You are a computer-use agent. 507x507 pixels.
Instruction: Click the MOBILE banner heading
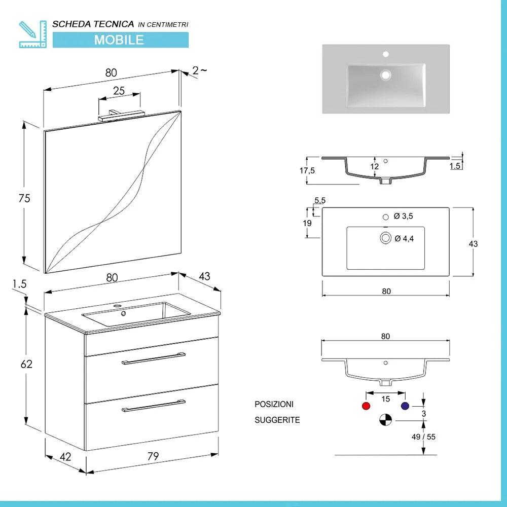[119, 40]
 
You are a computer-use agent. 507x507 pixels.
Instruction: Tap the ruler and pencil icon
[32, 34]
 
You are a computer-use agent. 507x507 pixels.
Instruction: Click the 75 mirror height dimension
[24, 199]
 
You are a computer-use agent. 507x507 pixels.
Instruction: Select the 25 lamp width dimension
[119, 91]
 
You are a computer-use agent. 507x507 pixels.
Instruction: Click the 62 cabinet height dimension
[26, 364]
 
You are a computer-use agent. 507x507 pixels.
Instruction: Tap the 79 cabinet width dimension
[153, 456]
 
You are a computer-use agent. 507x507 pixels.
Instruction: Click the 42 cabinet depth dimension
[65, 456]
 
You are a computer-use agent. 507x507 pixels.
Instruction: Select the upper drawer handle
[154, 358]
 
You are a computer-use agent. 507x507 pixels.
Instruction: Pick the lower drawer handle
[154, 406]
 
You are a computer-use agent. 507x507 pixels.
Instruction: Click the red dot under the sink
[365, 406]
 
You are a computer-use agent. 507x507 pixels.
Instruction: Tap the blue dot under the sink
[405, 406]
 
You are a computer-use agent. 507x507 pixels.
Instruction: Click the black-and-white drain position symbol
[385, 420]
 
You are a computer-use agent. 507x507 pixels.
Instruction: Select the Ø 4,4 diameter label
[404, 238]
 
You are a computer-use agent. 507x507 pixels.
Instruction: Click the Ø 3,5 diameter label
[404, 216]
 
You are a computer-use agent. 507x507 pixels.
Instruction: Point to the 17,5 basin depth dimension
[307, 171]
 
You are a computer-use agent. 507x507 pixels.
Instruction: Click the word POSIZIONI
[274, 405]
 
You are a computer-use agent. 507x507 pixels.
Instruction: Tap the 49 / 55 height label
[424, 437]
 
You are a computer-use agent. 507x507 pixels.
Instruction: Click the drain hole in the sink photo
[386, 75]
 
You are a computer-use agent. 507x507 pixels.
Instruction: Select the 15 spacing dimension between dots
[385, 399]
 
